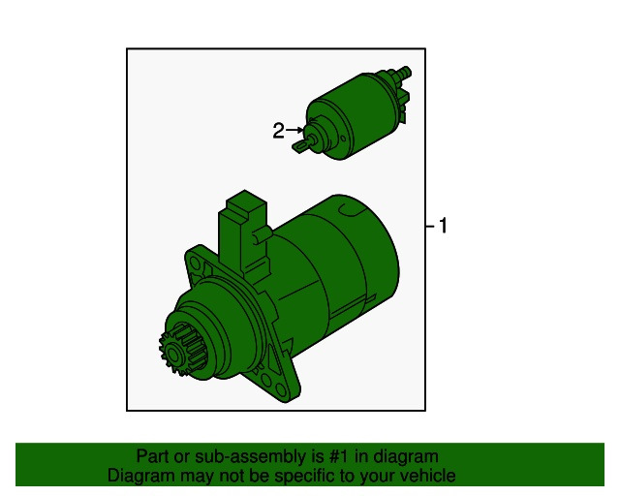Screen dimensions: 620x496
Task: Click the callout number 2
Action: click(x=278, y=131)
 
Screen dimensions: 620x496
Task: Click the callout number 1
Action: click(x=443, y=226)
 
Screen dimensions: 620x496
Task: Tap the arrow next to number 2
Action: click(x=294, y=130)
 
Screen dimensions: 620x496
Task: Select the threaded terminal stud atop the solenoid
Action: click(x=403, y=73)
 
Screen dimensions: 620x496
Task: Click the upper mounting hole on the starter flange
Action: click(x=195, y=263)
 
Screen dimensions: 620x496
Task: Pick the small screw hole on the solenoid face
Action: click(x=343, y=139)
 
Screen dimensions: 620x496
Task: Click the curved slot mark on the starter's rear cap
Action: click(x=350, y=211)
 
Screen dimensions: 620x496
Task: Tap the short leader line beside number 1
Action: click(x=430, y=227)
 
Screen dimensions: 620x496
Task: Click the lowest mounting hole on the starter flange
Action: click(x=281, y=390)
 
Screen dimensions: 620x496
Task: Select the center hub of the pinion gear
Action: click(x=172, y=353)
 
